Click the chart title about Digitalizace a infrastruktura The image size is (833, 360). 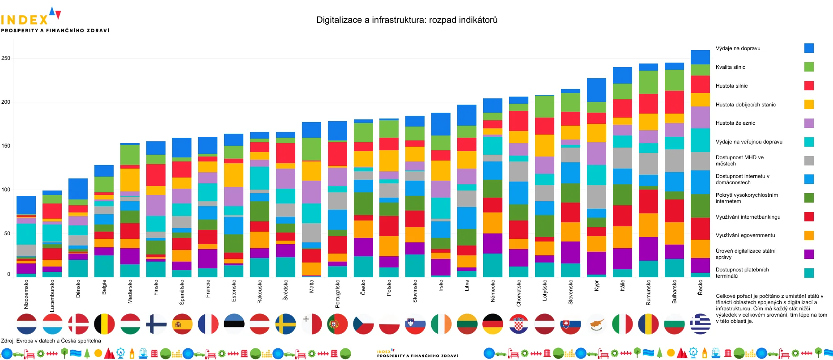tap(407, 20)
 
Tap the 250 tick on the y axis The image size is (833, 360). tap(5, 58)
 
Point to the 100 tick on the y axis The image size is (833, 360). tap(5, 190)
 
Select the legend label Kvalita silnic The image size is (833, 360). tap(730, 67)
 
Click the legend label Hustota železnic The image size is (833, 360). tap(735, 123)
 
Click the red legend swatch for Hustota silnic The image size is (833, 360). tap(809, 85)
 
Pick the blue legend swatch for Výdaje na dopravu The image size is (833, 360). tap(809, 48)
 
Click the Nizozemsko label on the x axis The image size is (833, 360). tap(26, 294)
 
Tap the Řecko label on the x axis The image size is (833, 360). tap(701, 287)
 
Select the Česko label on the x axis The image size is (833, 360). tap(363, 287)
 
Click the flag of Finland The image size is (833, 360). tap(156, 324)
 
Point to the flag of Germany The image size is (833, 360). tap(493, 324)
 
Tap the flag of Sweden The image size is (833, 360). tap(286, 324)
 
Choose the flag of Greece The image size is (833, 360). tap(700, 324)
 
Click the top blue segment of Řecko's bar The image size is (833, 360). tap(700, 57)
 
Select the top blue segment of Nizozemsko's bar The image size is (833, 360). tap(26, 205)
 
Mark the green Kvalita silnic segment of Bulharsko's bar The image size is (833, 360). tap(674, 80)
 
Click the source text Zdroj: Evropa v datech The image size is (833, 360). tap(51, 341)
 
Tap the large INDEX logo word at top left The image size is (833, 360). tap(25, 20)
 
